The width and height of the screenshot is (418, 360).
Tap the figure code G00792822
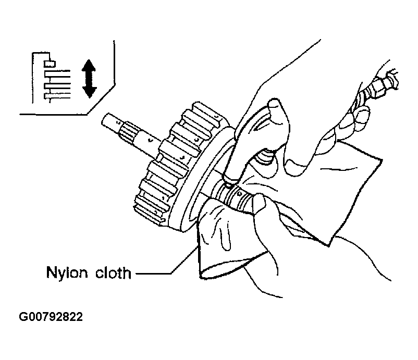click(52, 316)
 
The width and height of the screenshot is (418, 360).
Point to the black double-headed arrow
click(89, 78)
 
